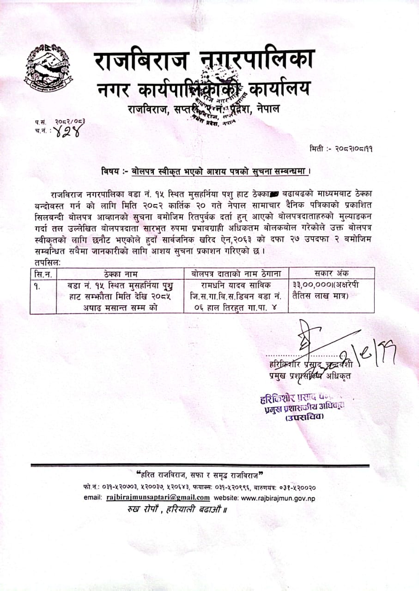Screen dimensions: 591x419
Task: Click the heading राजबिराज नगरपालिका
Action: (204, 61)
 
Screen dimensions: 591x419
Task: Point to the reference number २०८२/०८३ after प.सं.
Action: (70, 121)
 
